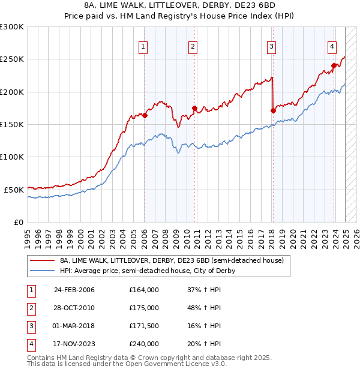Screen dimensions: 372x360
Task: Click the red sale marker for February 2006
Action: pos(145,115)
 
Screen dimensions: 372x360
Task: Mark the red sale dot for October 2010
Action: pos(194,108)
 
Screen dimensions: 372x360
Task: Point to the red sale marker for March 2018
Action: pos(272,110)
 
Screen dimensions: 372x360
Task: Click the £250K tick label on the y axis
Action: pos(12,59)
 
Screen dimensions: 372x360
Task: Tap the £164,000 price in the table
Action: pos(144,290)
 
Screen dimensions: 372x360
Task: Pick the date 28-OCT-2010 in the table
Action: pos(74,308)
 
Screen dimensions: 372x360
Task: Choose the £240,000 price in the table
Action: pos(144,344)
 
